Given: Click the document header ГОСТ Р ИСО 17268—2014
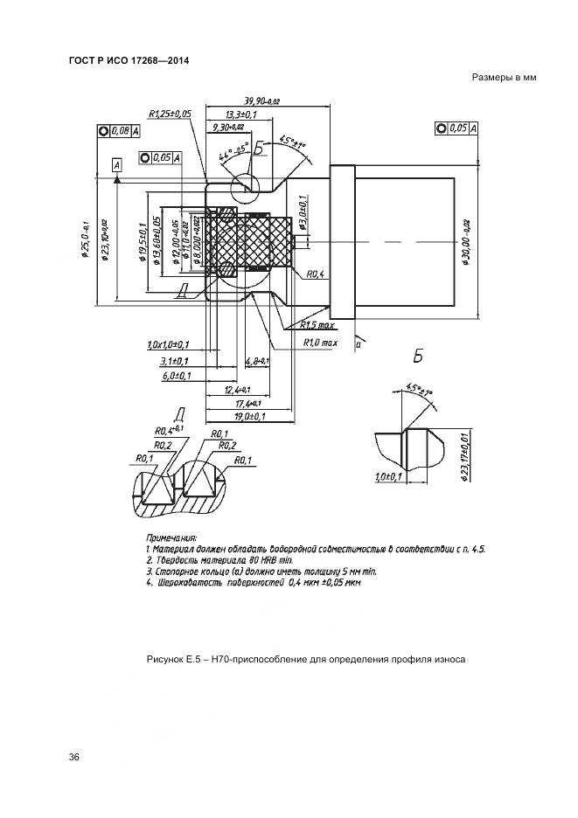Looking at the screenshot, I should pos(129,59).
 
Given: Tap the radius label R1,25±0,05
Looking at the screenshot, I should pos(170,114).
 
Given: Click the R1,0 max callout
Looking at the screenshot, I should pos(320,343).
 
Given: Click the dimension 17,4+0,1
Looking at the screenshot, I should pos(240,404).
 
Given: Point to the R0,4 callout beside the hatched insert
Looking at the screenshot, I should pos(316,274).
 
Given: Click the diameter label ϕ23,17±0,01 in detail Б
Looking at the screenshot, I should pos(465,454).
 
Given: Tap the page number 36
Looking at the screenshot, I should pos(74,757).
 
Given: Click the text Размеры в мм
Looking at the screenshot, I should pos(503,78).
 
